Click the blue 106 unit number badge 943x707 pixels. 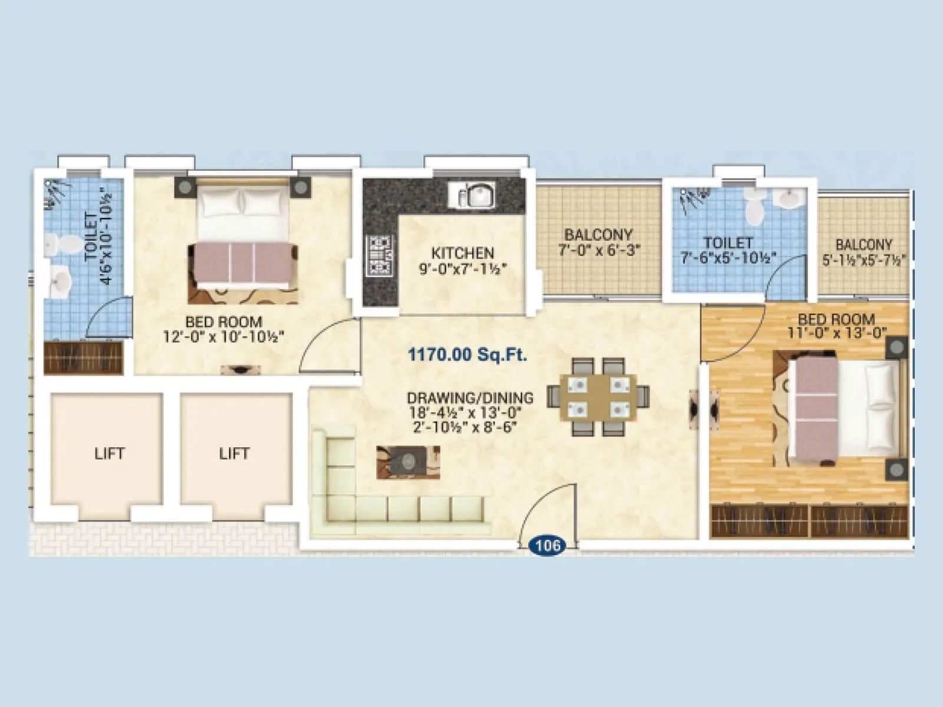[548, 546]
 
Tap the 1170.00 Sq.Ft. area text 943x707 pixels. [467, 355]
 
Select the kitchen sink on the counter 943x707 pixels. [471, 195]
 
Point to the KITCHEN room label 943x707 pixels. [463, 253]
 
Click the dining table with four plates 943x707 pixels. [598, 397]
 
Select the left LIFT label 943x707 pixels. [110, 454]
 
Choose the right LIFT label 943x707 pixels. [234, 454]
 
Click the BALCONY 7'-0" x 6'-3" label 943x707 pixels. [598, 242]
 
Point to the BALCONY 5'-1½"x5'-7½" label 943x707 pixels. [863, 252]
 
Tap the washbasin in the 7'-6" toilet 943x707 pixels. [790, 198]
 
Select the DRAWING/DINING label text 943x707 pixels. [470, 398]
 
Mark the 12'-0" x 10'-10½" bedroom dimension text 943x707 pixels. [224, 336]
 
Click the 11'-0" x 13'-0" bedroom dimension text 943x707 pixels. [837, 333]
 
